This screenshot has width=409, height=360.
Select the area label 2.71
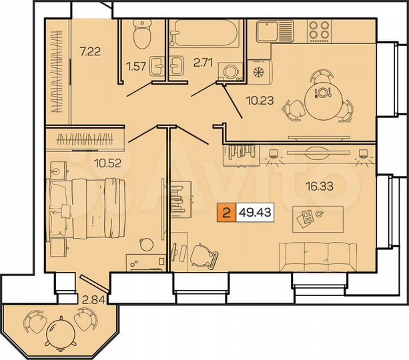(203, 64)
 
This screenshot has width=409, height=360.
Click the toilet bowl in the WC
(142, 34)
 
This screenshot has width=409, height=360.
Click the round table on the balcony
(62, 330)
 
